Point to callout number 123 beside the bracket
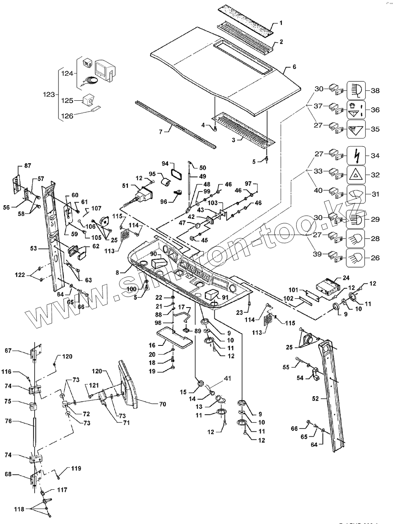click(x=49, y=94)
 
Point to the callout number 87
click(x=27, y=166)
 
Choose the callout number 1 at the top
click(x=281, y=23)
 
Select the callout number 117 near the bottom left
click(x=62, y=490)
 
